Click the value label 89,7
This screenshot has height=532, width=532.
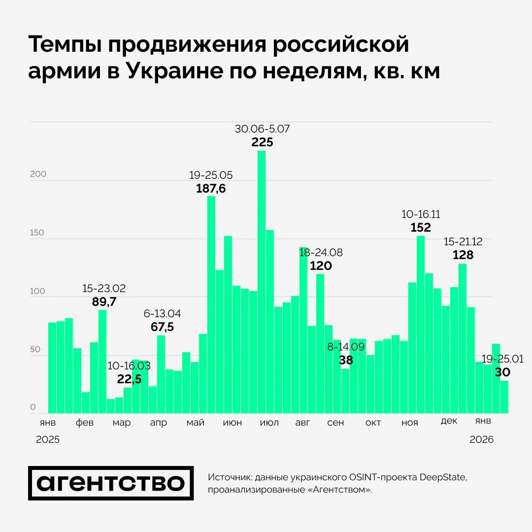[x=104, y=302]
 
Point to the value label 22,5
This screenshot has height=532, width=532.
[x=129, y=379]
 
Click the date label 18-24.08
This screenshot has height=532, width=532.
[x=321, y=253]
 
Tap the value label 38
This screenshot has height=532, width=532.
[x=346, y=360]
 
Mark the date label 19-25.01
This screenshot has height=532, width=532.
[x=502, y=359]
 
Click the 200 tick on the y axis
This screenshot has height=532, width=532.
[x=38, y=174]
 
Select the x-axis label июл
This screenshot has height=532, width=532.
[x=269, y=423]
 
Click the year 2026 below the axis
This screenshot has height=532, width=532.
[x=481, y=440]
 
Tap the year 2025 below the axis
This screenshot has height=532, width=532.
[x=48, y=440]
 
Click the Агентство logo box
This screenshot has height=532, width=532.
[x=111, y=483]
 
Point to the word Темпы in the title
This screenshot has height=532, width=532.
[x=65, y=45]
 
